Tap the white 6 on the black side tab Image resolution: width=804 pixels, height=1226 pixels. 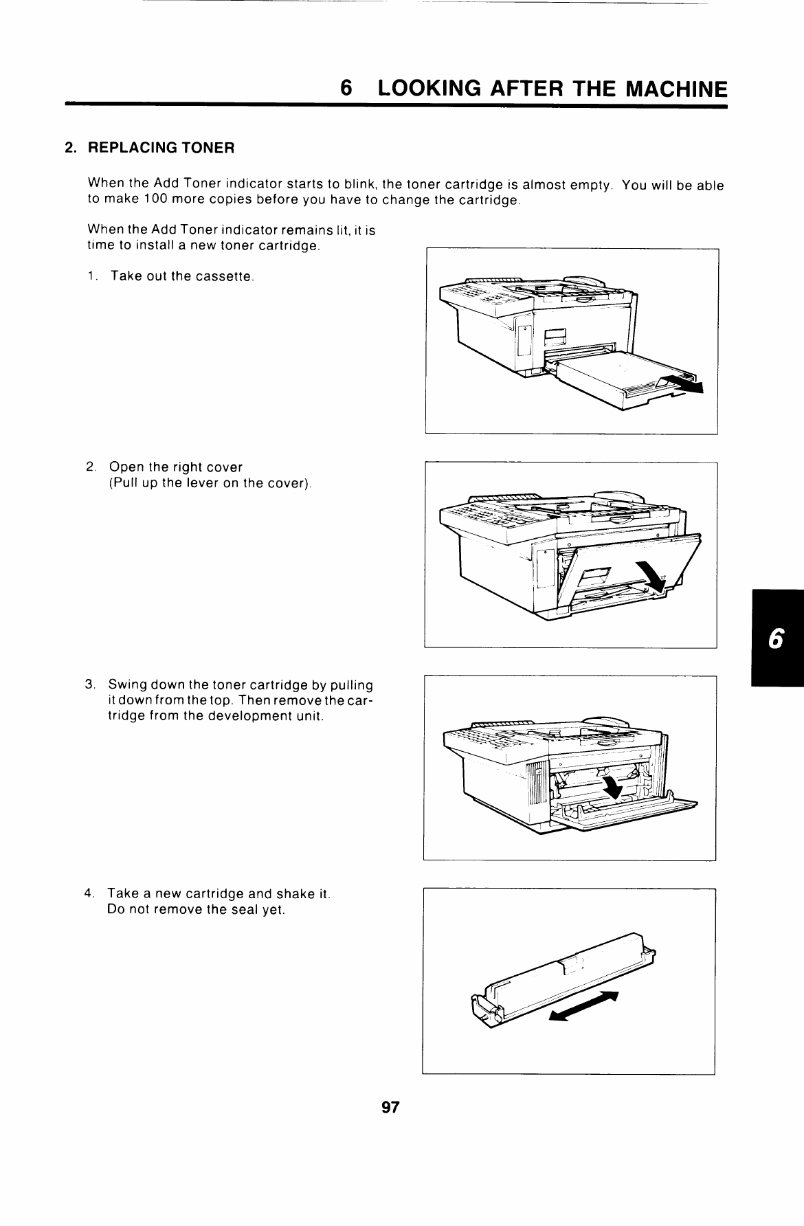775,639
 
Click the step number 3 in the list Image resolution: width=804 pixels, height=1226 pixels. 89,685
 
